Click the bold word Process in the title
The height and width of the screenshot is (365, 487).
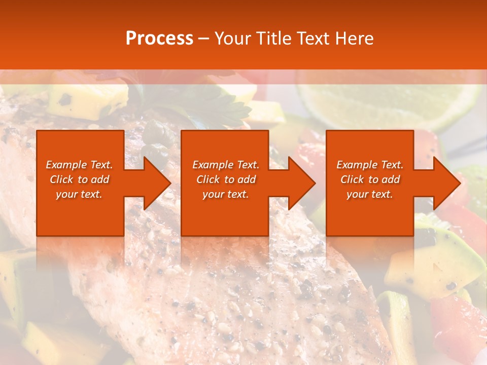click(159, 39)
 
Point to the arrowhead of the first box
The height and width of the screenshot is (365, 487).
click(155, 183)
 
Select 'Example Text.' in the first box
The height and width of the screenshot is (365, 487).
click(79, 165)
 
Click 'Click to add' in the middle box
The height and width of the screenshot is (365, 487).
click(226, 179)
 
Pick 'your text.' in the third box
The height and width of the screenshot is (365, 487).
click(370, 194)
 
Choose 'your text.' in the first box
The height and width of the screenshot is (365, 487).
click(79, 194)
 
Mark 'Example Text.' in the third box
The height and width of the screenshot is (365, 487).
click(370, 165)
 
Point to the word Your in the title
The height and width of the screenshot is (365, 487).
click(234, 39)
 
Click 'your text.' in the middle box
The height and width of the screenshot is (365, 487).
click(226, 194)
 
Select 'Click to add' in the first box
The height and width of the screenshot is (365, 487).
click(79, 179)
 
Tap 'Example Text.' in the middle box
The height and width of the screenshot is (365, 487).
click(226, 165)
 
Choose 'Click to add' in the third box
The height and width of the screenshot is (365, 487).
click(370, 179)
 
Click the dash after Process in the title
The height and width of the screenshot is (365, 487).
click(204, 39)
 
